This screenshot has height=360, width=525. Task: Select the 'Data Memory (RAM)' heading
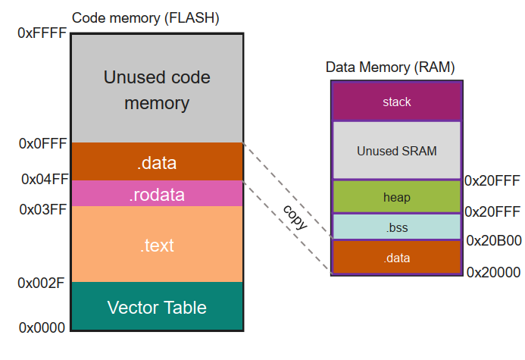pyautogui.click(x=389, y=67)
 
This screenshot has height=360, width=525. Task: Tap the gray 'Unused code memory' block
pyautogui.click(x=157, y=89)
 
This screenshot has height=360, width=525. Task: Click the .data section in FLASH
pyautogui.click(x=157, y=162)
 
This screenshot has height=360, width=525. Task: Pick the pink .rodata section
pyautogui.click(x=157, y=194)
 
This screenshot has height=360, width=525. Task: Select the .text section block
pyautogui.click(x=157, y=245)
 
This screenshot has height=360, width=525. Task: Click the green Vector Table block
pyautogui.click(x=157, y=308)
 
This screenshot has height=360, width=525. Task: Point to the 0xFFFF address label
pyautogui.click(x=42, y=33)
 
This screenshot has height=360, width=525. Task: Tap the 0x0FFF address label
pyautogui.click(x=42, y=143)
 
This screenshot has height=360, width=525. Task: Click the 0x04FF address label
pyautogui.click(x=42, y=180)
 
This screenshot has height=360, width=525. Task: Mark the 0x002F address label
pyautogui.click(x=42, y=283)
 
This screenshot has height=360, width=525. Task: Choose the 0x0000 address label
pyautogui.click(x=42, y=327)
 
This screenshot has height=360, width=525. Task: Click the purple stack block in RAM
pyautogui.click(x=396, y=101)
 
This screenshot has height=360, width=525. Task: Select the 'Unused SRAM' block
pyautogui.click(x=396, y=151)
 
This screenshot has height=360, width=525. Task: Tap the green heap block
pyautogui.click(x=396, y=197)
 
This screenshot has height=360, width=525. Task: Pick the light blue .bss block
pyautogui.click(x=396, y=227)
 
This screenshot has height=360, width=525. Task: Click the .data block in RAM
pyautogui.click(x=396, y=258)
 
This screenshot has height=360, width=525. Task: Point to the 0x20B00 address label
pyautogui.click(x=494, y=241)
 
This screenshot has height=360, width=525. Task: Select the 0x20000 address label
pyautogui.click(x=494, y=271)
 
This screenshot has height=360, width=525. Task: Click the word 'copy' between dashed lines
pyautogui.click(x=294, y=216)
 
